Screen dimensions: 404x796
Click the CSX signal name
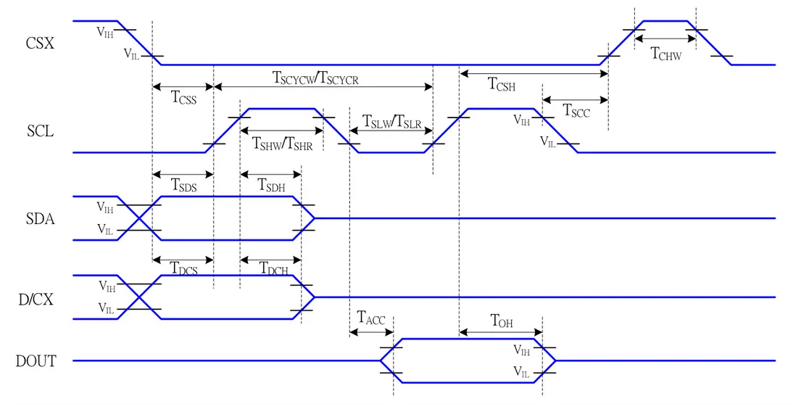click(40, 44)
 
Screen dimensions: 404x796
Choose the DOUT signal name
click(36, 360)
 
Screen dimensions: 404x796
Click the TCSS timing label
click(183, 97)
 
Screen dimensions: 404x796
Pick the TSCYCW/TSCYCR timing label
click(315, 79)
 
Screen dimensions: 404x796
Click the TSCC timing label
click(576, 111)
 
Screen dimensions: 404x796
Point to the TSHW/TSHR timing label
click(282, 143)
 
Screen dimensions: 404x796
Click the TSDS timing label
click(183, 185)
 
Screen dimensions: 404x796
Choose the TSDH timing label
click(272, 185)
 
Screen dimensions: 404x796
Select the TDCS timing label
click(183, 268)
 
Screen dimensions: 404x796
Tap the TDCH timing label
click(274, 268)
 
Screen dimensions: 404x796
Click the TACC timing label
click(371, 318)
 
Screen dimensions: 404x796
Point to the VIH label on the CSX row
click(104, 31)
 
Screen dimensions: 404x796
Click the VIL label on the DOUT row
click(522, 373)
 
